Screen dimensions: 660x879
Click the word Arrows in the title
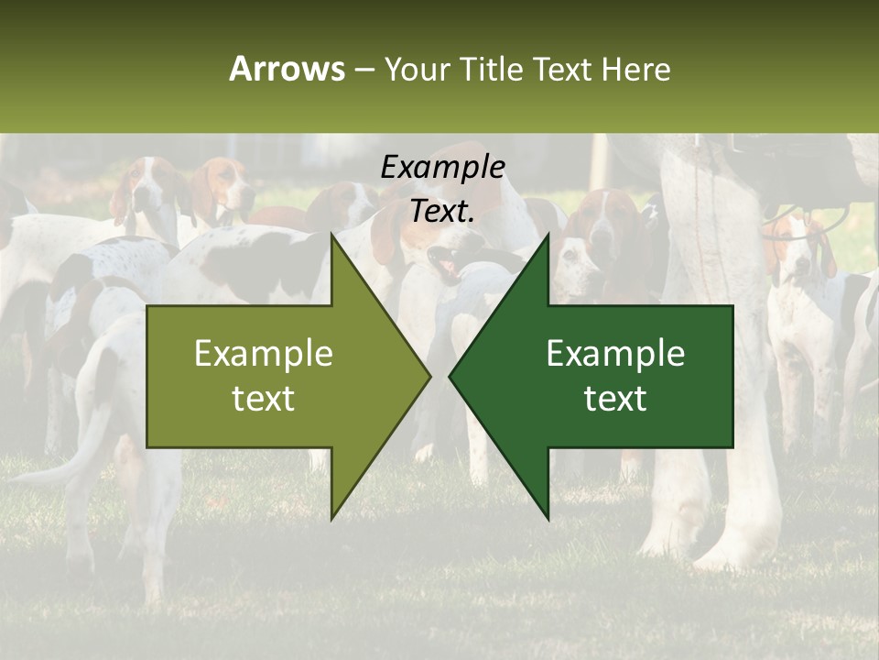(288, 69)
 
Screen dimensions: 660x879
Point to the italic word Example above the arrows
(442, 168)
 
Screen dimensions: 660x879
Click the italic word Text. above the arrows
(442, 212)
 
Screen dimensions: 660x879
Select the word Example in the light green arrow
(264, 353)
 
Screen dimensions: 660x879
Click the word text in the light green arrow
(264, 399)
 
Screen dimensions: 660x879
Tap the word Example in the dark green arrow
(615, 353)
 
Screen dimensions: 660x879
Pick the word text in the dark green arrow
(615, 399)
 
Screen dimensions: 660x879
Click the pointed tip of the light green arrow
(429, 376)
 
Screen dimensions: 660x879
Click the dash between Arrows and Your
(364, 70)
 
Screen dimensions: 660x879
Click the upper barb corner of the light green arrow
(331, 235)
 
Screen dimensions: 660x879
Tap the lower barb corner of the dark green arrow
(548, 518)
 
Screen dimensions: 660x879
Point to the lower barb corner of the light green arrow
(331, 518)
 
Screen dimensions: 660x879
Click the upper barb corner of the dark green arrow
(548, 235)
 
